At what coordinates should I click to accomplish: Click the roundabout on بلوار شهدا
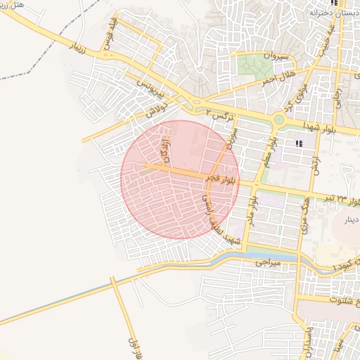pos(279,120)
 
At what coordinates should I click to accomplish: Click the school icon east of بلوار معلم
pos(299,143)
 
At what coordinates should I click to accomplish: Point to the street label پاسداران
pos(308,344)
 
